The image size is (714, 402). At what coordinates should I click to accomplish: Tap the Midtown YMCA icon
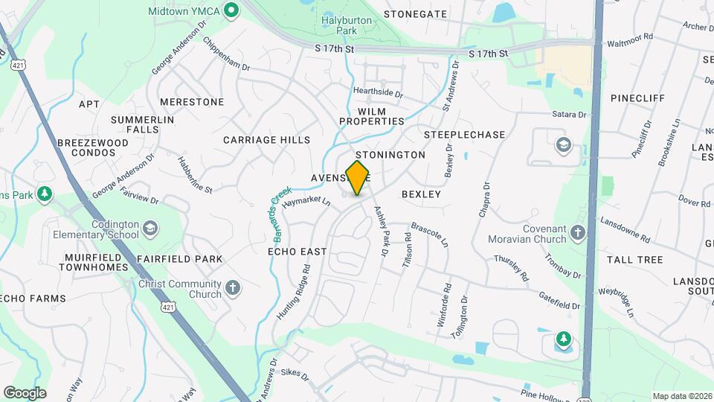(x=231, y=11)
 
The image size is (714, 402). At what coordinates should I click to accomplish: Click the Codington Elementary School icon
(x=150, y=227)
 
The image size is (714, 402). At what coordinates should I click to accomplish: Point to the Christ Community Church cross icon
(x=233, y=288)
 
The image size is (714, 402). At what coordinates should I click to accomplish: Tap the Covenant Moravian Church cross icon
(x=577, y=234)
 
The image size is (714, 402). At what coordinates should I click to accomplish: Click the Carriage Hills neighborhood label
(x=266, y=140)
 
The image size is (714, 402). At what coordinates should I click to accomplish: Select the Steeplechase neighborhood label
(x=464, y=135)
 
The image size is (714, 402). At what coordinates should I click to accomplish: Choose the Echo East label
(x=297, y=252)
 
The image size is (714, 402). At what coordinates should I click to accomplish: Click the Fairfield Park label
(x=179, y=259)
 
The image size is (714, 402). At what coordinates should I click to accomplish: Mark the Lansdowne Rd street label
(x=623, y=230)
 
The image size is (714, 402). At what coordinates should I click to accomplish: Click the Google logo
(x=25, y=393)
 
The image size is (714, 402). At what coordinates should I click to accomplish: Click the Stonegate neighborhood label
(x=415, y=14)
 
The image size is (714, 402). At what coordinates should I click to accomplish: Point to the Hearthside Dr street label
(x=378, y=95)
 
